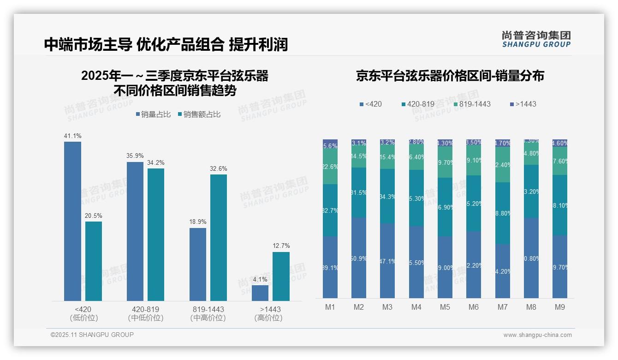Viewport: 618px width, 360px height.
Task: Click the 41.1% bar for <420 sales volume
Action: [72, 222]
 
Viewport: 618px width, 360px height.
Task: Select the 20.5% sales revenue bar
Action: [94, 261]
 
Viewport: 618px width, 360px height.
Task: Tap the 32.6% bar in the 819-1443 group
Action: [219, 238]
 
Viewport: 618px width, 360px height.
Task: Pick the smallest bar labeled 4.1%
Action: [260, 293]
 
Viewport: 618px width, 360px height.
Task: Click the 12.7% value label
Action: [281, 246]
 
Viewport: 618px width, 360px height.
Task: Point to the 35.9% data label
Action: [135, 156]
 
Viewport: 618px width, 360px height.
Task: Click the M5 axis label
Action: [445, 307]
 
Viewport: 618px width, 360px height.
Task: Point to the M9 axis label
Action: [559, 307]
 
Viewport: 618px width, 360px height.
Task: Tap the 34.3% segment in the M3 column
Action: [387, 196]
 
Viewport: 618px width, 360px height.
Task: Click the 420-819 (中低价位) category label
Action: [145, 313]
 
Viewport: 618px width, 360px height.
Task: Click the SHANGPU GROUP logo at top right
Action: [536, 39]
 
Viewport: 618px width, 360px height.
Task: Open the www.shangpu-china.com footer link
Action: [537, 335]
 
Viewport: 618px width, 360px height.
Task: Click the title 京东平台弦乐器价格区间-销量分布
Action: [450, 76]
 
